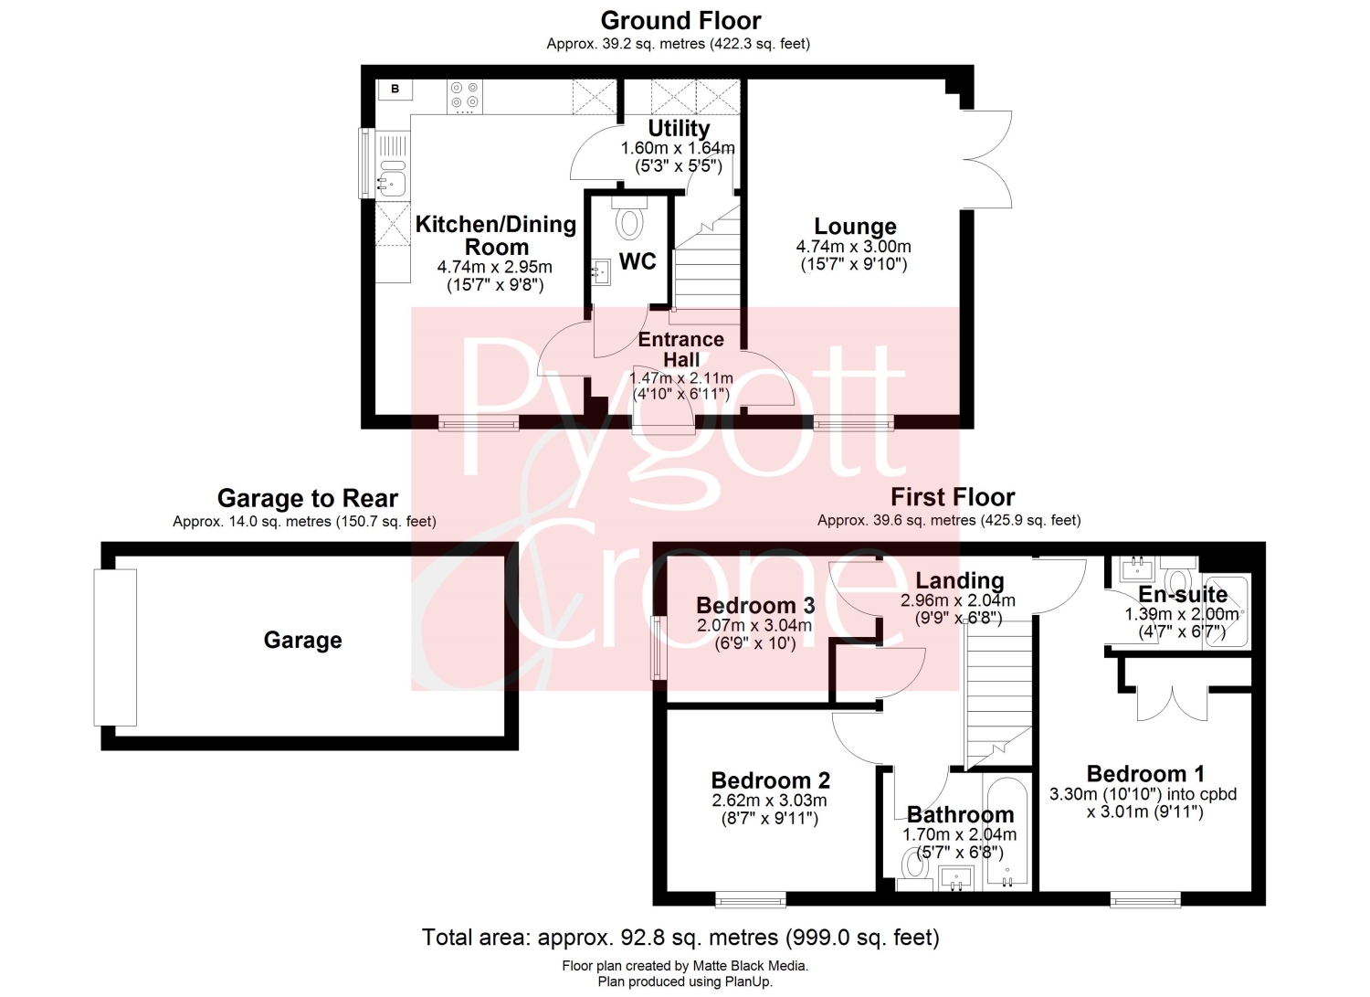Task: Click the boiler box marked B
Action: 395,90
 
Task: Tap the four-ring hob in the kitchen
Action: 465,97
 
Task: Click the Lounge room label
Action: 855,227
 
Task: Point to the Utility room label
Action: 679,129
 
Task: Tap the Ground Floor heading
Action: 680,21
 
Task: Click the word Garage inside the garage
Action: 302,641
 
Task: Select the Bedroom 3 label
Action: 755,605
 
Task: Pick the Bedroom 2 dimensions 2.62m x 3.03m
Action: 769,801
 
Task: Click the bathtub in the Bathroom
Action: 1006,833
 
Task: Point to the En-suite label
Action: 1183,594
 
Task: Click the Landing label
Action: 960,580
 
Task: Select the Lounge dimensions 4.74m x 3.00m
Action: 854,247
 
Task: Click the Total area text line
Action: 680,937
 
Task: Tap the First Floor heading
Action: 953,497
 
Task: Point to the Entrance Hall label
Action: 680,349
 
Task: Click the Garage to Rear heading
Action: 308,498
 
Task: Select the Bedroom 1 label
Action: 1145,774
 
